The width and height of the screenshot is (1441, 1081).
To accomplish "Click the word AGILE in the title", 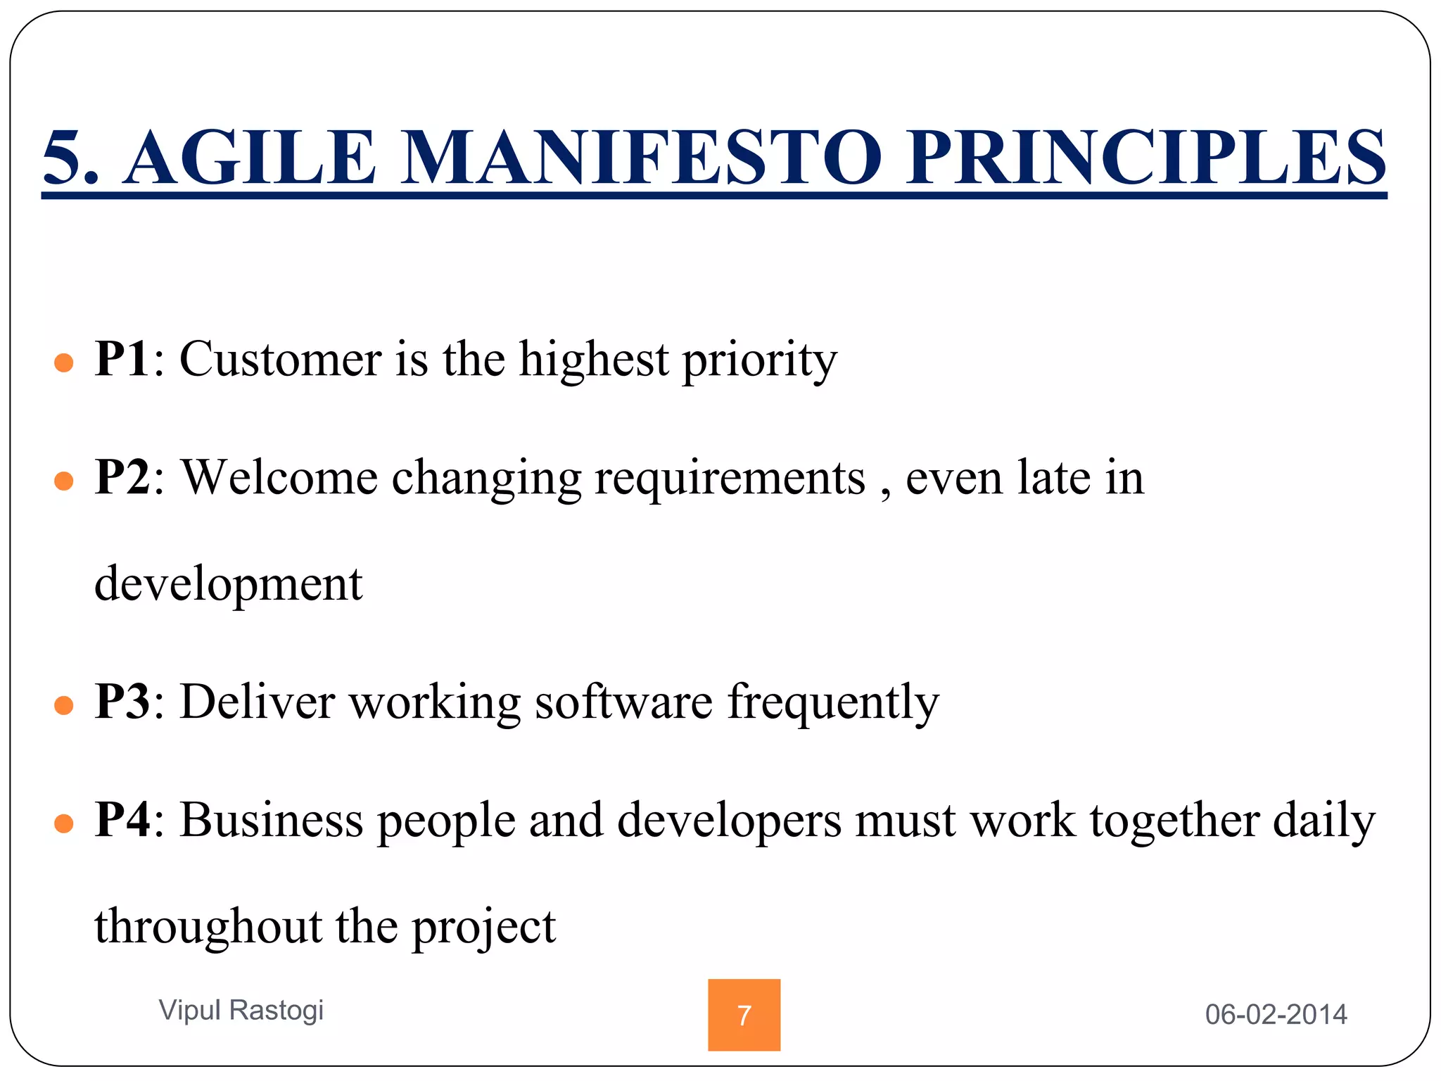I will [x=250, y=158].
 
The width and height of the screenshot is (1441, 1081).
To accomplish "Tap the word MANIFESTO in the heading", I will [x=640, y=158].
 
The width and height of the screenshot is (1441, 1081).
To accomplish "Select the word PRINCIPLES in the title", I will [x=1145, y=158].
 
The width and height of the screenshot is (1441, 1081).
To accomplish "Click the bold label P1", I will [x=122, y=359].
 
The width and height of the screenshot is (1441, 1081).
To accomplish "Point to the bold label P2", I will [x=122, y=477].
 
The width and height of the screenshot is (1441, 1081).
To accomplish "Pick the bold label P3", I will [x=122, y=701].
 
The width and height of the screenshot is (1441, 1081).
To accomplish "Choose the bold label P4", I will [x=122, y=820].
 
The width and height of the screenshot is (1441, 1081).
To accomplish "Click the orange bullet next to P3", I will [x=64, y=706].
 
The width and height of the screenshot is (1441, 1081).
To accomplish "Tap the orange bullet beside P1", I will [x=64, y=363].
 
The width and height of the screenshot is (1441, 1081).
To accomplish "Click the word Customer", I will [x=280, y=359].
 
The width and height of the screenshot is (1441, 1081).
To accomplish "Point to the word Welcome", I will [x=280, y=477].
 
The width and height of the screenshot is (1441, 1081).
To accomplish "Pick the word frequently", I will [x=833, y=704].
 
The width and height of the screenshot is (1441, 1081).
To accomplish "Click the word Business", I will [x=271, y=820].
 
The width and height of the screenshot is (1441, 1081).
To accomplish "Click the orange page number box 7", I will [x=744, y=1015].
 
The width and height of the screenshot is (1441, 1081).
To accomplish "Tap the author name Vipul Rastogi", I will [x=241, y=1011].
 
